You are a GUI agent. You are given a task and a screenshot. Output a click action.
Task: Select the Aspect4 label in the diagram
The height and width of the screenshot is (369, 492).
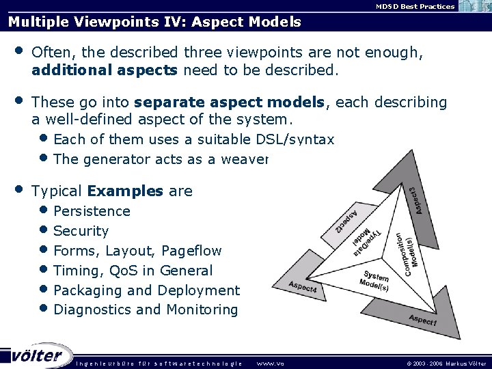(303, 288)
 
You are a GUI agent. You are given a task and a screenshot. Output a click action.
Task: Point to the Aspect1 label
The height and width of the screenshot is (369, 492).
(423, 320)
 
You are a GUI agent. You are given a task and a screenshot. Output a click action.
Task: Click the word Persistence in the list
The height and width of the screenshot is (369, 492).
(92, 211)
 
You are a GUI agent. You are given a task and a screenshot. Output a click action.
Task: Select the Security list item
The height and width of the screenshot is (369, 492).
(81, 231)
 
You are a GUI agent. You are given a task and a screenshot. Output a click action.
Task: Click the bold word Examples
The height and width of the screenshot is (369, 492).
(126, 191)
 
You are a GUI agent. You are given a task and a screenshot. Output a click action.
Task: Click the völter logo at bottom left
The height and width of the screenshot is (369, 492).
(36, 356)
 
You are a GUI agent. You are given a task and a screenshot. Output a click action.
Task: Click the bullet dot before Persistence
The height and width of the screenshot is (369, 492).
(44, 211)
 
